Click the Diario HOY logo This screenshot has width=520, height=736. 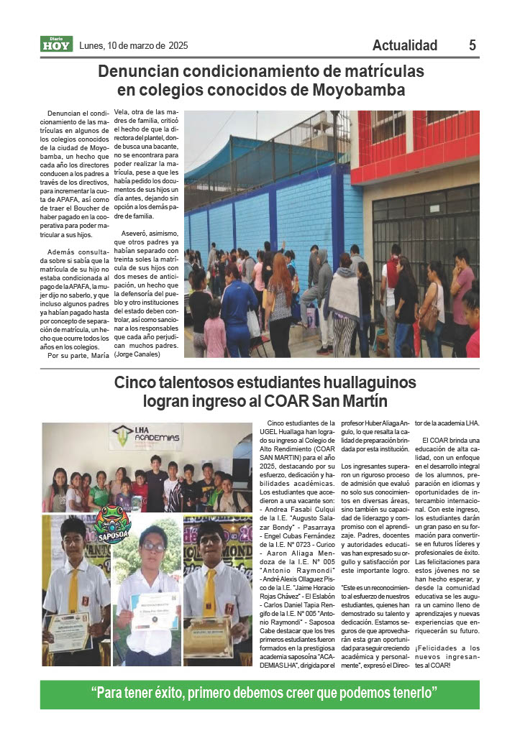(x=56, y=45)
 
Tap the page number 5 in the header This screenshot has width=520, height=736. (x=473, y=45)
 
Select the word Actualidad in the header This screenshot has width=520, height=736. (x=405, y=45)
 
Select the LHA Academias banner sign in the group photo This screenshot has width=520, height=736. (x=146, y=437)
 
